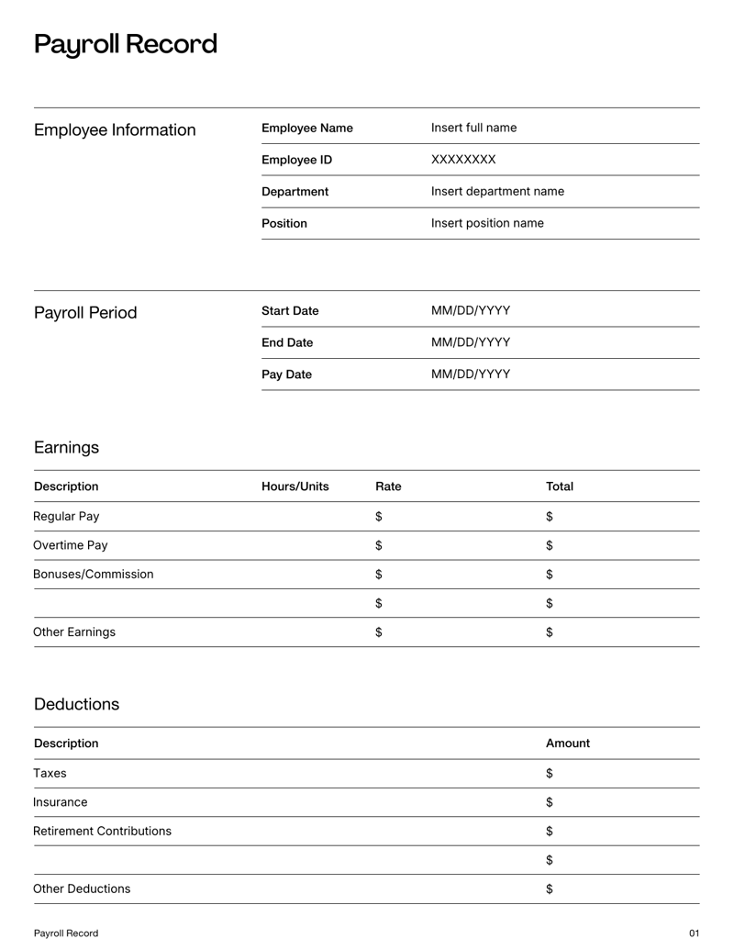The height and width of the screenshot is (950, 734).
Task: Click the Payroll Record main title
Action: tap(126, 44)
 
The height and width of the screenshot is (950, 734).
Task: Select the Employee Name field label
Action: tap(306, 129)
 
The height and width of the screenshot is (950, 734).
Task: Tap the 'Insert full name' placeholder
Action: tap(473, 129)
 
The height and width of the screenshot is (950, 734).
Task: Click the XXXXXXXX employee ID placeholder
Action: tap(463, 161)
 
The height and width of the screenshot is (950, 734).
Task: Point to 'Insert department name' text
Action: tap(497, 192)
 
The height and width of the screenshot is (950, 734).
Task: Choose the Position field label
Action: tap(284, 224)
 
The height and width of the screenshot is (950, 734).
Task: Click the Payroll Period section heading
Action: tap(85, 313)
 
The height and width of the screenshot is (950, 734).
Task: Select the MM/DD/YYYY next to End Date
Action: tap(471, 343)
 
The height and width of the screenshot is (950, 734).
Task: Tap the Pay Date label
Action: tap(286, 374)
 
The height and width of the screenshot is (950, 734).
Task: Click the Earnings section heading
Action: tap(66, 448)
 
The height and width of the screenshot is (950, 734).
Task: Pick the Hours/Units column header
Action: tap(295, 486)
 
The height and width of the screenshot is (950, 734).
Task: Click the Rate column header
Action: tap(388, 486)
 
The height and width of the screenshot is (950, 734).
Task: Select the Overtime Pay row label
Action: tap(71, 545)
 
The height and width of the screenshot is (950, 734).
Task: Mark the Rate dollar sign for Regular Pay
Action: tap(379, 517)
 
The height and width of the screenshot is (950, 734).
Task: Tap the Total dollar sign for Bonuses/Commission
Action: tap(550, 575)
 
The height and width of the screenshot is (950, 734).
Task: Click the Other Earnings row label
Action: tap(74, 632)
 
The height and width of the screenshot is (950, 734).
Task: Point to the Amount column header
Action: tap(567, 743)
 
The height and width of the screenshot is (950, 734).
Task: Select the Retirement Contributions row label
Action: tap(102, 832)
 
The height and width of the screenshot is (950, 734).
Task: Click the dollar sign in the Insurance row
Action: tap(550, 802)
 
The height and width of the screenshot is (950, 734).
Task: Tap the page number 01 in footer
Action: tap(694, 933)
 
